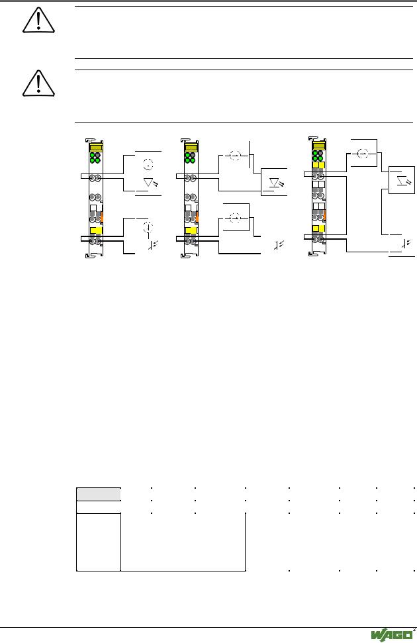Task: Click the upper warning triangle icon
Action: click(38, 21)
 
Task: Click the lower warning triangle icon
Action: click(38, 83)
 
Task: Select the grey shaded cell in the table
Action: click(99, 494)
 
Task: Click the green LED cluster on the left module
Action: click(95, 158)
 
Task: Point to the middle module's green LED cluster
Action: click(190, 158)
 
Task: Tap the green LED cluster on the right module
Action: click(318, 156)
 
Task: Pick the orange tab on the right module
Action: click(325, 215)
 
